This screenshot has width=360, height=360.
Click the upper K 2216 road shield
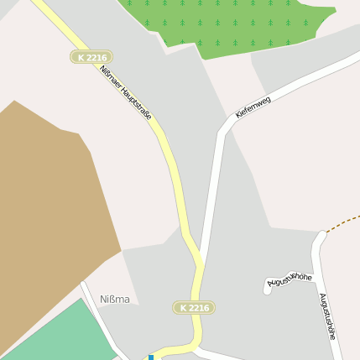[x=91, y=57]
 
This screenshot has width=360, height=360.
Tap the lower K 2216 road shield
[x=194, y=308]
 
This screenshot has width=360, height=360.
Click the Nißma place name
[x=115, y=300]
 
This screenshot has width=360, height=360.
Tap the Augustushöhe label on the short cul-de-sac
[x=290, y=279]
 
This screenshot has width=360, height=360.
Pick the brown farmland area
[x=50, y=210]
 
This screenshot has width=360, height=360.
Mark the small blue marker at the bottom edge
[x=151, y=357]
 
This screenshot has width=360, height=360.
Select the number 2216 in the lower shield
[x=198, y=308]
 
